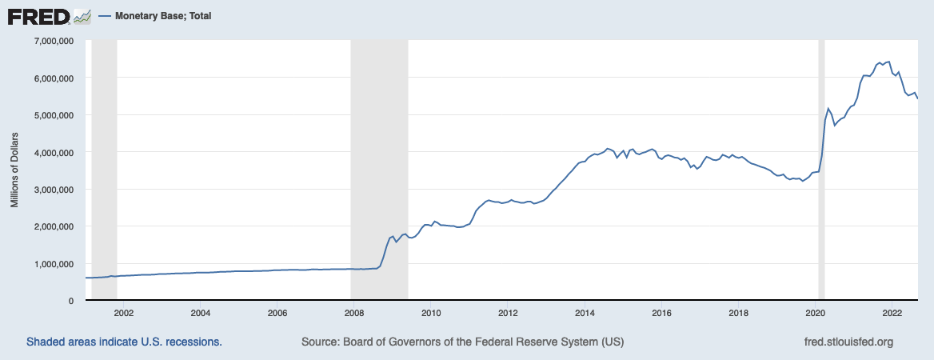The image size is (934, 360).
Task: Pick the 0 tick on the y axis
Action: [x=71, y=301]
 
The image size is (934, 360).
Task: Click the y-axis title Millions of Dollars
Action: [x=14, y=170]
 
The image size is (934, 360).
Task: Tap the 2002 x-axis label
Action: [x=124, y=313]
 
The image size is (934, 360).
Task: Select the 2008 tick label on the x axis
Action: [x=354, y=313]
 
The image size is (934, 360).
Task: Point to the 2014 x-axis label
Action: [x=585, y=313]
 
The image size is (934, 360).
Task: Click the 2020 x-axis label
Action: [x=815, y=313]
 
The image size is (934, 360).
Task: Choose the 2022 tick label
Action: [x=892, y=313]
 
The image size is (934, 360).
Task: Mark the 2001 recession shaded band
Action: [x=105, y=160]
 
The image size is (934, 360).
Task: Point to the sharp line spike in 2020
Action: [x=828, y=108]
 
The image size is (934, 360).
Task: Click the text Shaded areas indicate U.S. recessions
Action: [x=124, y=342]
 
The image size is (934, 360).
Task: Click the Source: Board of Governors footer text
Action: [x=462, y=342]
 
